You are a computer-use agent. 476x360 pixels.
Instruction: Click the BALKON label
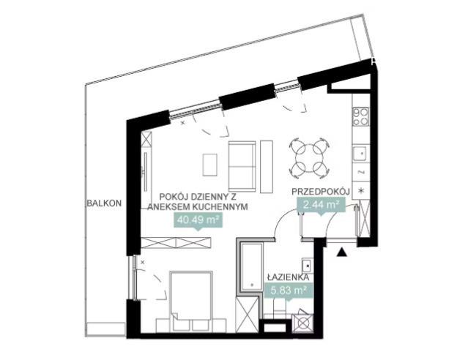[x=104, y=203]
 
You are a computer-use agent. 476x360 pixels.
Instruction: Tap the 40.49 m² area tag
[x=198, y=220]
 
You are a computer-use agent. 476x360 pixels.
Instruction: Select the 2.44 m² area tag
[x=321, y=206]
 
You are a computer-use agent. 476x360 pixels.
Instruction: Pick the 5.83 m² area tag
[x=288, y=290]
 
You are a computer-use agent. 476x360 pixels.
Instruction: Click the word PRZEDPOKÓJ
[x=321, y=192]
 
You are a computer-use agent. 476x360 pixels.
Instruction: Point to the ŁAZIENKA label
[x=289, y=277]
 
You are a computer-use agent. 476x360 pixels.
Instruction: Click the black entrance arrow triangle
[x=342, y=252]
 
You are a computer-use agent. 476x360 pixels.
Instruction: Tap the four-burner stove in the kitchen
[x=361, y=116]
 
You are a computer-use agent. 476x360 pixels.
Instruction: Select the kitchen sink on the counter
[x=361, y=154]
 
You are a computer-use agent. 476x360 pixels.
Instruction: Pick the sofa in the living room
[x=242, y=167]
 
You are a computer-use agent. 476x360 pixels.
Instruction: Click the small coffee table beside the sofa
[x=210, y=165]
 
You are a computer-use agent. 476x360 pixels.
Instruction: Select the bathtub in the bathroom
[x=252, y=266]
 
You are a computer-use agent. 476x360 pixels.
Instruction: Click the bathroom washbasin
[x=308, y=266]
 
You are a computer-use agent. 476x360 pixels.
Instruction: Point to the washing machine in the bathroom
[x=302, y=323]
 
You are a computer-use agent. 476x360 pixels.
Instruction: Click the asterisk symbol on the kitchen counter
[x=361, y=190]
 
